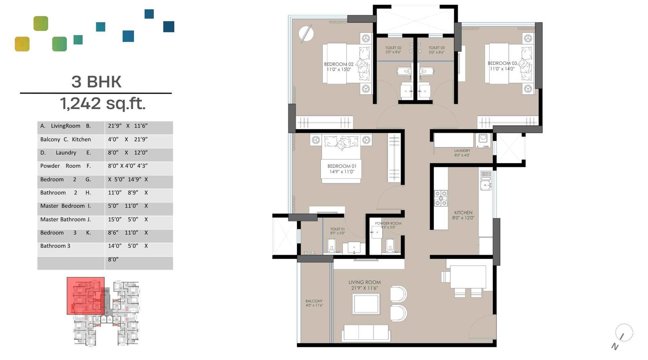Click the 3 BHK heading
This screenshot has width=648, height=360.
click(x=96, y=82)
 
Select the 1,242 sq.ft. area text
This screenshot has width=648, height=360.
click(x=102, y=104)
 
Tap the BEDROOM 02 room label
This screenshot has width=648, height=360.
click(x=339, y=67)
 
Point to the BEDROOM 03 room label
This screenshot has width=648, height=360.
click(x=502, y=66)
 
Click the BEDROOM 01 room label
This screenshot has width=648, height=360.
click(x=342, y=169)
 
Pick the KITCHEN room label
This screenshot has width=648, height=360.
click(x=463, y=215)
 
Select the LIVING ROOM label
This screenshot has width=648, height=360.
click(x=364, y=285)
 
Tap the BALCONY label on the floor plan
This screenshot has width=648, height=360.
click(x=314, y=303)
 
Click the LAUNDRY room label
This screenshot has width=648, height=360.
click(x=462, y=153)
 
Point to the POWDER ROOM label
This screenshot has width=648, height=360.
click(x=388, y=225)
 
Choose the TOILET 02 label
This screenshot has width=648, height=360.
click(x=393, y=50)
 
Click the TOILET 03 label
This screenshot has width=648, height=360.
click(x=437, y=50)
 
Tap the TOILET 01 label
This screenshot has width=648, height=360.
click(x=337, y=231)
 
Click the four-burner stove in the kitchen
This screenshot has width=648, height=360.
click(x=441, y=198)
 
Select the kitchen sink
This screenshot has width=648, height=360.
click(x=486, y=184)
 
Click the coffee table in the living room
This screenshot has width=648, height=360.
click(x=366, y=304)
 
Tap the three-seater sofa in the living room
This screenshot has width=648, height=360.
click(x=366, y=333)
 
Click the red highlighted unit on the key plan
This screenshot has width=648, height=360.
click(x=85, y=296)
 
